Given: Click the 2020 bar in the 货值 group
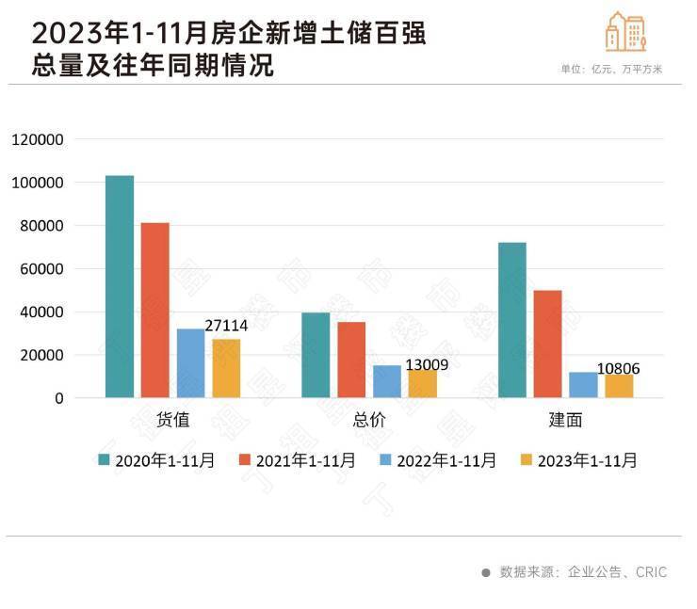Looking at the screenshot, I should coord(120,287).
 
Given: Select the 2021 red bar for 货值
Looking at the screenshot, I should coord(155,311).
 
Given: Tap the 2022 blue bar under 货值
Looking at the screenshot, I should coord(191,363).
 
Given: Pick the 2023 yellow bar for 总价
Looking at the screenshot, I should coord(423,384).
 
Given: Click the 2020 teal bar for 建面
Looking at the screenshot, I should coord(512,320).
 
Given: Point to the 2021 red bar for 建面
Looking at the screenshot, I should coord(548,345).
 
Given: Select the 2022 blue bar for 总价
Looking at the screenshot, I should coord(387,381).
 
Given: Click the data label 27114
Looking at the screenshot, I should coord(226,325).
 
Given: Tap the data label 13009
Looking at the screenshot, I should coord(427,365).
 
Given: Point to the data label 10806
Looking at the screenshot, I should coord(618,369).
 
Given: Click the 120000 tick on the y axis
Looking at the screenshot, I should coord(38,139).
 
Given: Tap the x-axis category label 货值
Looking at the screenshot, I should coord(172,421).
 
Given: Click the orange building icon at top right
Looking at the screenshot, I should coord(625,32).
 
